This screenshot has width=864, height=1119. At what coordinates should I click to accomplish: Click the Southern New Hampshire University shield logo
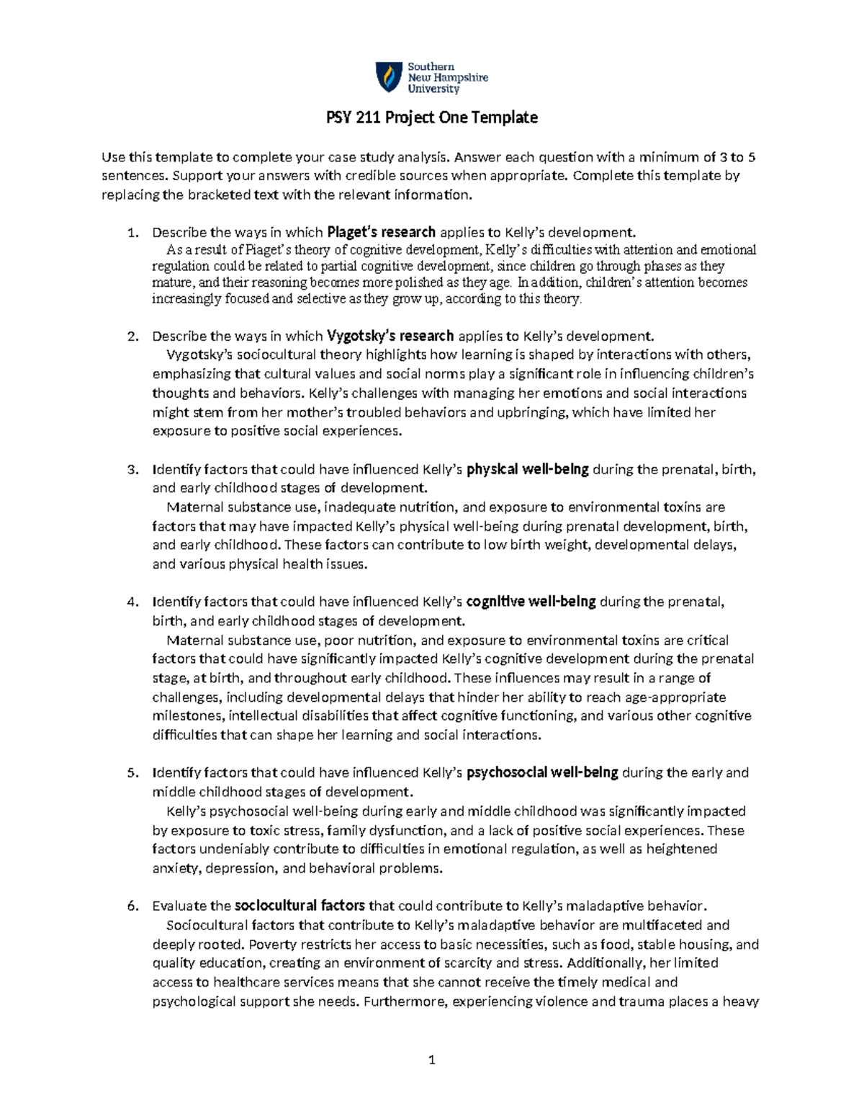(x=388, y=77)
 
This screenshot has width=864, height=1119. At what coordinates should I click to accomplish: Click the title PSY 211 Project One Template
(x=431, y=117)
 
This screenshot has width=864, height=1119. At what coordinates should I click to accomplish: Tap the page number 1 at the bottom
(x=432, y=1059)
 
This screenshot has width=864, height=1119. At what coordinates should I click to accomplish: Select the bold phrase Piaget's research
(x=382, y=232)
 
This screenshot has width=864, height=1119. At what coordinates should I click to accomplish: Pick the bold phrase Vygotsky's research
(x=390, y=336)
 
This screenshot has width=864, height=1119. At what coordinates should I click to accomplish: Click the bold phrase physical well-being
(x=528, y=470)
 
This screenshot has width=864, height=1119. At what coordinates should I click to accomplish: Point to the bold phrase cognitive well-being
(x=531, y=602)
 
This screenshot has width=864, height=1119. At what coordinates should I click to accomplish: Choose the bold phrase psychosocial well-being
(x=543, y=772)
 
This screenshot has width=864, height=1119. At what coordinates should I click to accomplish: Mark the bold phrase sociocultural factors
(x=300, y=906)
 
